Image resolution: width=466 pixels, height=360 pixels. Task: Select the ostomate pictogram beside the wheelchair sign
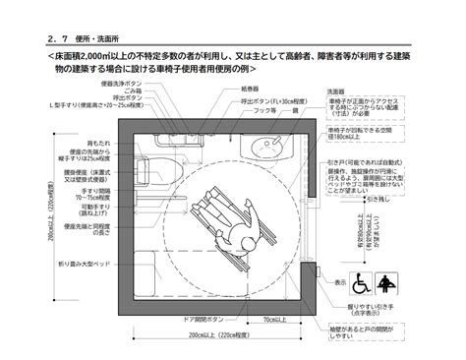(386, 285)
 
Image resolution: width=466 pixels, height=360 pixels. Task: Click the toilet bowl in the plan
(160, 162)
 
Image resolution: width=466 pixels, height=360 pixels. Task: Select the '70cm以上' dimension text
(278, 319)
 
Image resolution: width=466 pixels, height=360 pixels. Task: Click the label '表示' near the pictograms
(339, 281)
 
